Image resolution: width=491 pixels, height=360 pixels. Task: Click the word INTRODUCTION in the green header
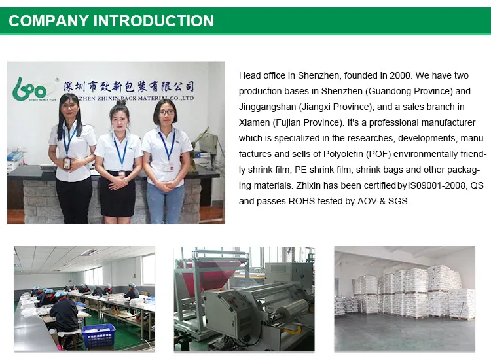153,21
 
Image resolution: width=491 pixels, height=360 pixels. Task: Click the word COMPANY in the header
48,21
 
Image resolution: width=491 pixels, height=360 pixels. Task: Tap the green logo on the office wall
29,89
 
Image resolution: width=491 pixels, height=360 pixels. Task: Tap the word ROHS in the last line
302,201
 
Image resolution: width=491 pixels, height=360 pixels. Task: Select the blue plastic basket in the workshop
99,336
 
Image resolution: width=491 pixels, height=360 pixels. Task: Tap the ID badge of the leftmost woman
67,163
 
